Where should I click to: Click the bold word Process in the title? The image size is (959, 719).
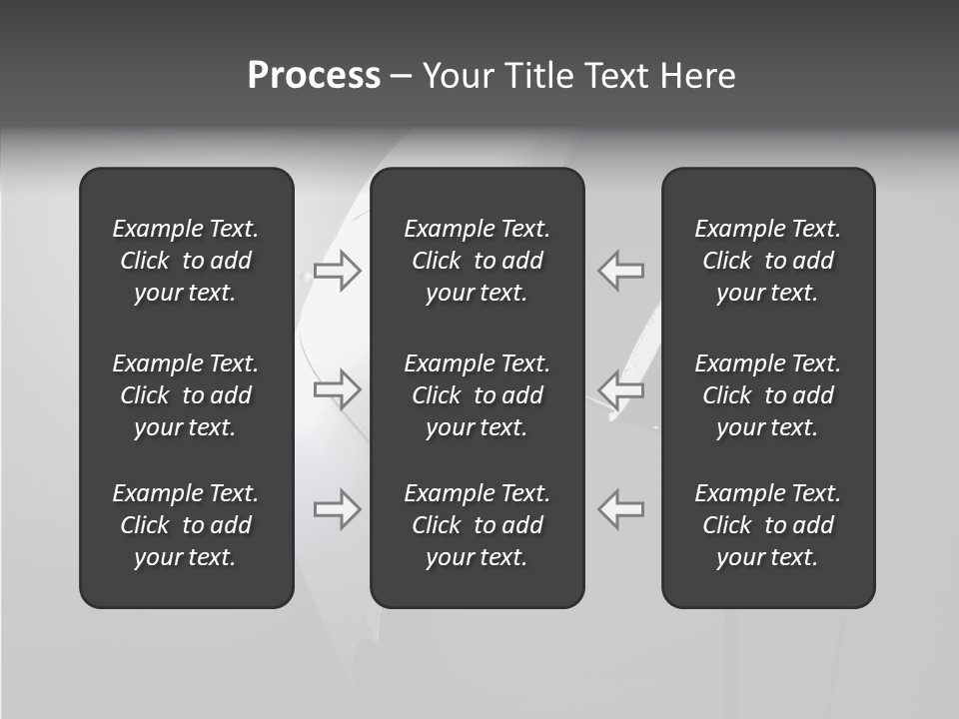tap(314, 76)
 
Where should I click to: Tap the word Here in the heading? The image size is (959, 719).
tap(697, 76)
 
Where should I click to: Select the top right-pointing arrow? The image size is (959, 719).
tap(338, 271)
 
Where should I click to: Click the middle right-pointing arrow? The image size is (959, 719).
tap(338, 388)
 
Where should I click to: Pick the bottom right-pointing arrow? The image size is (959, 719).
tap(338, 508)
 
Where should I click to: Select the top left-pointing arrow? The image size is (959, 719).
tap(620, 271)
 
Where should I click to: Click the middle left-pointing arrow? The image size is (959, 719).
tap(620, 388)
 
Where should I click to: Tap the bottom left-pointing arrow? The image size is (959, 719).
tap(620, 508)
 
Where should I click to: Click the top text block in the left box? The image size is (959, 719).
tap(186, 261)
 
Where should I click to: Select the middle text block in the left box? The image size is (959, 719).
tap(186, 395)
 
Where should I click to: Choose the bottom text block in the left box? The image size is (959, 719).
tap(186, 525)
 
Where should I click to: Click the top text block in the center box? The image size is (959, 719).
tap(478, 261)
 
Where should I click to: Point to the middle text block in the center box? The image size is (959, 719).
tap(478, 395)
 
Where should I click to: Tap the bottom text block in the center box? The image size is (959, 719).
tap(478, 525)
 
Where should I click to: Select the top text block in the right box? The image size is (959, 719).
tap(768, 261)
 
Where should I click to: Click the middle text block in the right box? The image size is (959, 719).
tap(768, 395)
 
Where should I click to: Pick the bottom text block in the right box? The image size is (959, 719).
tap(768, 525)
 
